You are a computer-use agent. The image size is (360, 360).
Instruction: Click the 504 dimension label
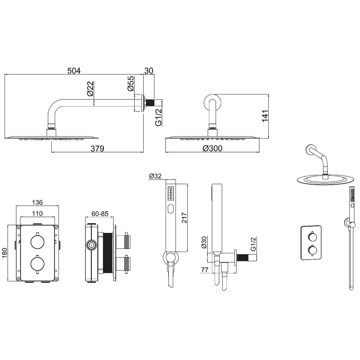[x=74, y=71]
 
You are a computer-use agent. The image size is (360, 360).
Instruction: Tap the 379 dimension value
[x=97, y=149]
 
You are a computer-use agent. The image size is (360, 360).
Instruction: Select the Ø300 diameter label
[x=213, y=148]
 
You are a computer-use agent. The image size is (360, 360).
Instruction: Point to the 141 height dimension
[x=265, y=116]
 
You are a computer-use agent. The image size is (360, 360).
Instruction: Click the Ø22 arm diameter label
[x=90, y=89]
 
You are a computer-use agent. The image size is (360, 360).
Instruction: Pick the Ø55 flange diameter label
[x=131, y=83]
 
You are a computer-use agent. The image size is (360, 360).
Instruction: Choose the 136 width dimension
[x=37, y=202]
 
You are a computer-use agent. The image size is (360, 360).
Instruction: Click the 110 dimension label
[x=37, y=214]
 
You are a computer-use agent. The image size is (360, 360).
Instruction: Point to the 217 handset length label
[x=184, y=217]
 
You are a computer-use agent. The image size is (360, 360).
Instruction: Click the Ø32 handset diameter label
[x=155, y=176]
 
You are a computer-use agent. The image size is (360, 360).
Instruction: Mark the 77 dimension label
[x=205, y=270]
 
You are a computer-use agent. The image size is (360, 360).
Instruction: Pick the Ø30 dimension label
[x=204, y=242]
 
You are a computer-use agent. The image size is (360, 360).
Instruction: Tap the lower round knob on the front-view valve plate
[x=37, y=264]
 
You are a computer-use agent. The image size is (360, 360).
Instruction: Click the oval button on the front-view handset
[x=171, y=209]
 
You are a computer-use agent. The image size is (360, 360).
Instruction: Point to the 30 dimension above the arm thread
[x=149, y=71]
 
